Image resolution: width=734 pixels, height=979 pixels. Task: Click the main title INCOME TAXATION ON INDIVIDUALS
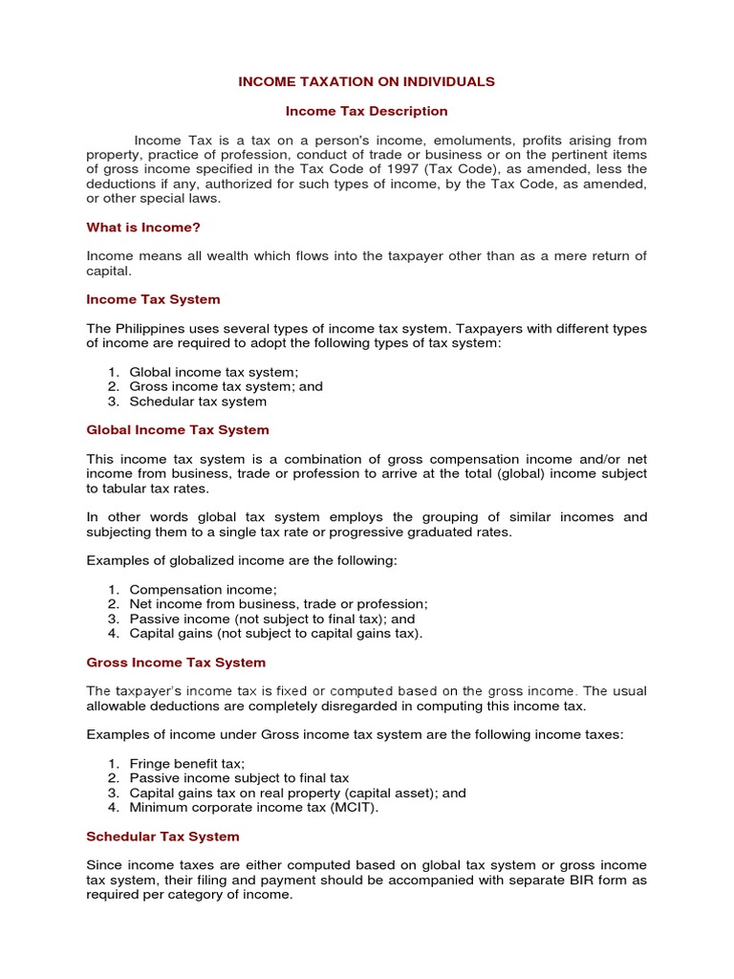[367, 81]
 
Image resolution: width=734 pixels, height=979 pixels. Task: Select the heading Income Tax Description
[367, 111]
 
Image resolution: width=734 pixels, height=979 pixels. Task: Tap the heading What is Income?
[143, 228]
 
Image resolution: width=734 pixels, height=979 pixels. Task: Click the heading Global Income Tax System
[178, 429]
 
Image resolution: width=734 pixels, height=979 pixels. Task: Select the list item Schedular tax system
[198, 402]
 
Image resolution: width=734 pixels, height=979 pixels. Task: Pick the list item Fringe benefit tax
[187, 763]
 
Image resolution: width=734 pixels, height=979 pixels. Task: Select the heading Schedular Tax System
[162, 836]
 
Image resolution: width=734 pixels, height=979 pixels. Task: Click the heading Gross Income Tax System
[176, 662]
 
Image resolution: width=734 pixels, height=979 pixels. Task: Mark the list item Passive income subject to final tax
[239, 778]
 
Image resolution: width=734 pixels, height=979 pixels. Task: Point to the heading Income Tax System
[153, 299]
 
